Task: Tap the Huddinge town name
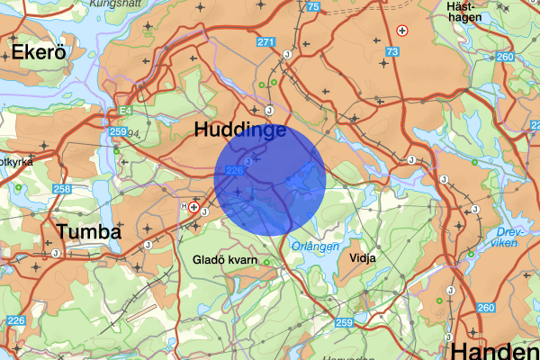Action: click(240, 131)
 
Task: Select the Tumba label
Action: click(88, 232)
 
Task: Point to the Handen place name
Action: click(496, 350)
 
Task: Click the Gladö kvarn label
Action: click(226, 261)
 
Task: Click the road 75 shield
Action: click(312, 7)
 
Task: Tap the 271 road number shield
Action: click(265, 42)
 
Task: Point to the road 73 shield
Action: click(391, 53)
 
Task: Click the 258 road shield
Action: click(62, 188)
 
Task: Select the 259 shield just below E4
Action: click(117, 131)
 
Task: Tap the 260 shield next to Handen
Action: click(487, 309)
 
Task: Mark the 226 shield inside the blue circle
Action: click(236, 170)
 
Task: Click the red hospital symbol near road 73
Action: click(402, 31)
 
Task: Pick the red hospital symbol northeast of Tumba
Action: click(193, 207)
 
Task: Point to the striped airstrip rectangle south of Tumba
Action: click(141, 313)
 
